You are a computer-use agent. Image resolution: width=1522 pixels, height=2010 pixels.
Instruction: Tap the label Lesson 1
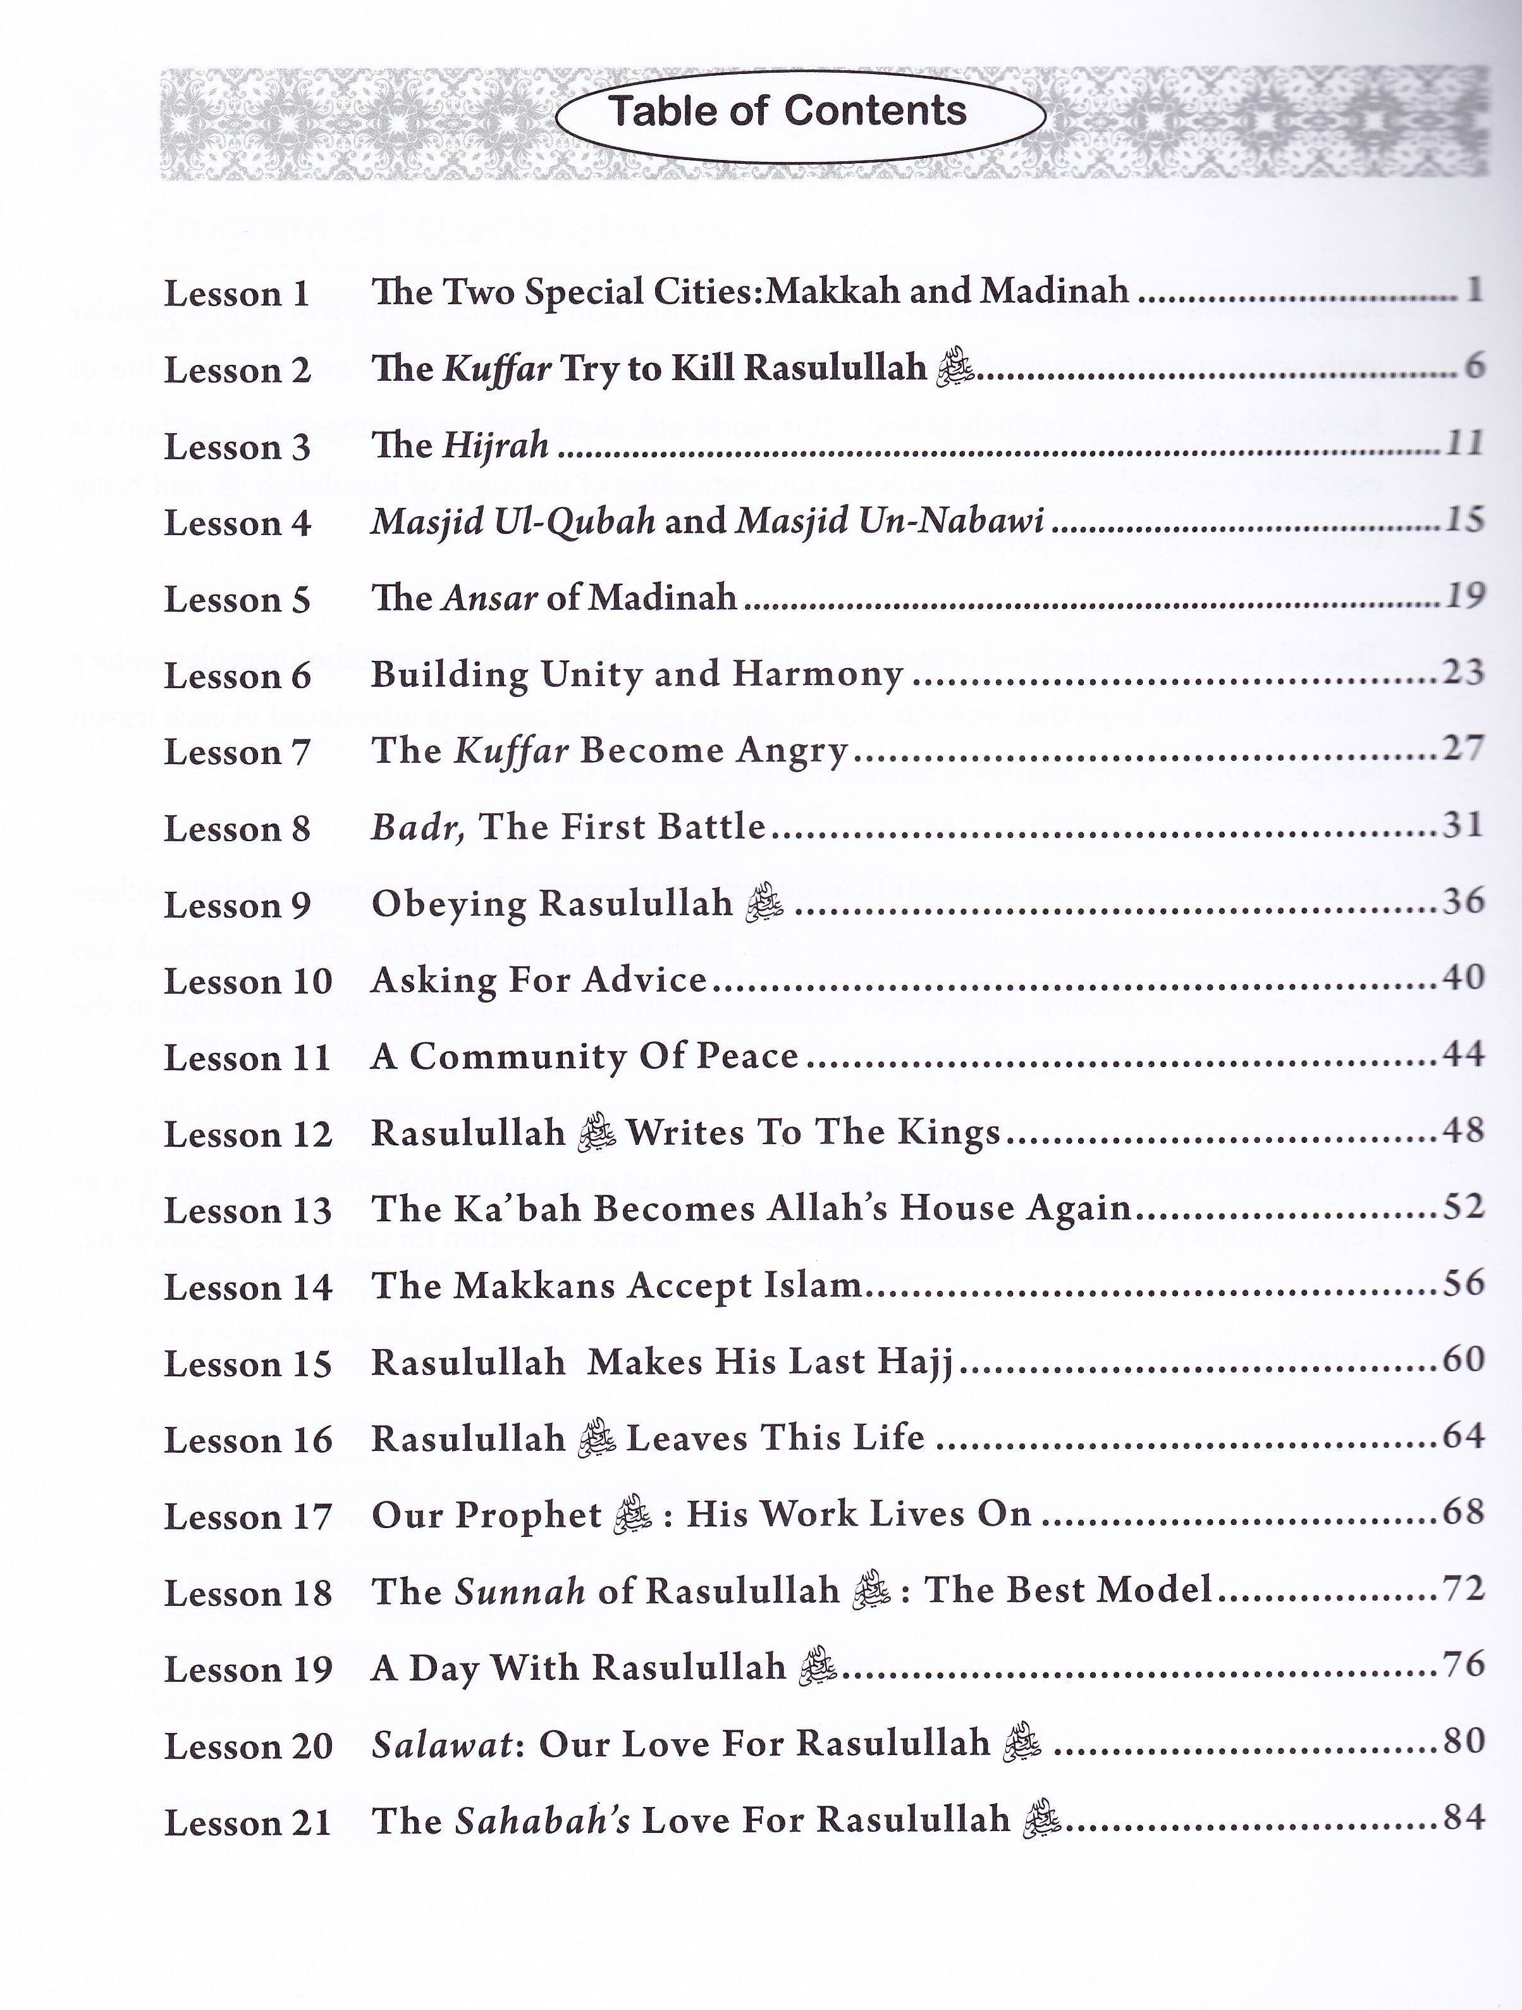click(x=236, y=294)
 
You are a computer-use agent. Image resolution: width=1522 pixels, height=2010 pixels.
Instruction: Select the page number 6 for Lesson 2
click(x=1474, y=367)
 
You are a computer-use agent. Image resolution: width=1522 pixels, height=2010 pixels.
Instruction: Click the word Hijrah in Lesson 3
click(x=495, y=446)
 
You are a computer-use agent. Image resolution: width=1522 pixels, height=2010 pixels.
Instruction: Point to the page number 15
click(x=1464, y=521)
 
